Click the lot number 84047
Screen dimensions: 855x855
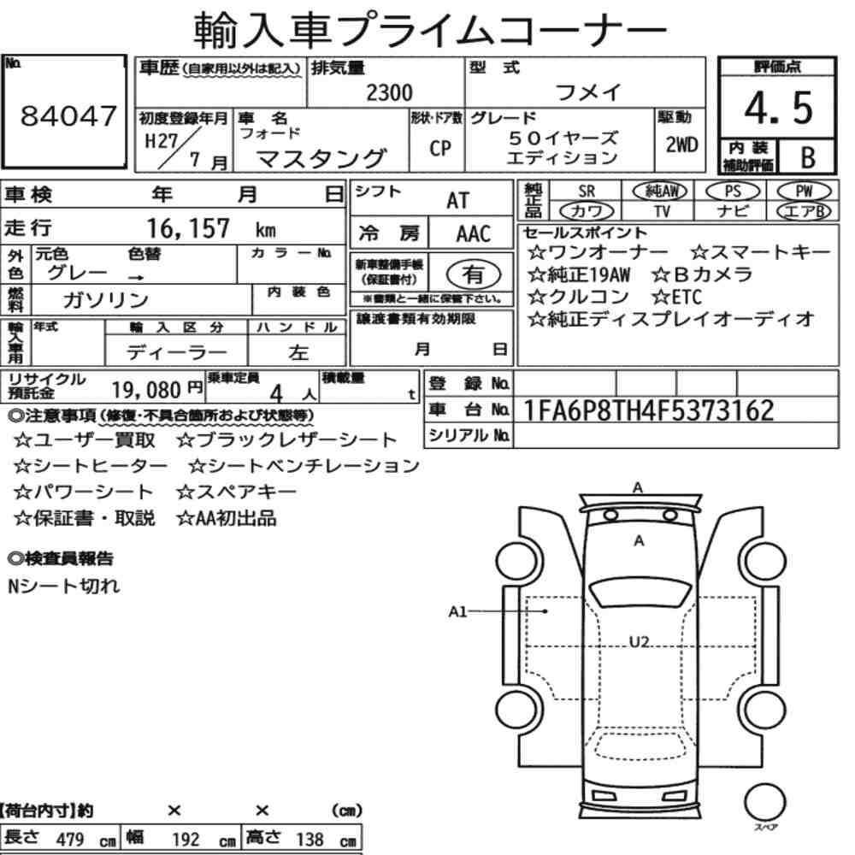(68, 116)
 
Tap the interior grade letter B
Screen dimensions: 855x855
(808, 157)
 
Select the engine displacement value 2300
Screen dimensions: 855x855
(389, 92)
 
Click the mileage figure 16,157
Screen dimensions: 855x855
(188, 228)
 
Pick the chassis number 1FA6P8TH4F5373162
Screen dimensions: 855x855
(648, 410)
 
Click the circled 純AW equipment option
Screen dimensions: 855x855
(660, 191)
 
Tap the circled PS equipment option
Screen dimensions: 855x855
(733, 192)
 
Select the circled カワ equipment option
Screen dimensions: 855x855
(587, 211)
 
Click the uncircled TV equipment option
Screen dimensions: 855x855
(662, 211)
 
